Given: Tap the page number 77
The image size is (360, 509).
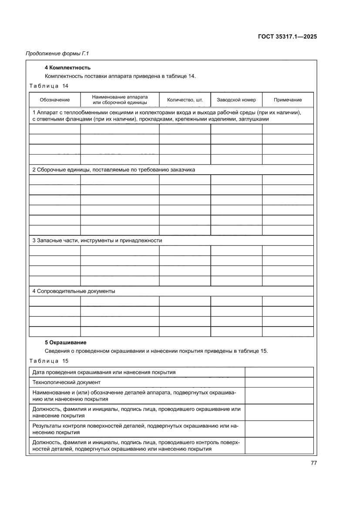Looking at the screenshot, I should [313, 463].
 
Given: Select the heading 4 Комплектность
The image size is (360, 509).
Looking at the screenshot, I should [67, 67].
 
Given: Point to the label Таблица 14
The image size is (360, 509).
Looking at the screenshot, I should [48, 85].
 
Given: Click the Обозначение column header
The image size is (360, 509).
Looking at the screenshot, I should [54, 100].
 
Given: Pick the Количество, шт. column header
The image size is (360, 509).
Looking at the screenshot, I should [185, 100].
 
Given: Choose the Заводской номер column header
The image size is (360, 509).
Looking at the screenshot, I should [236, 100].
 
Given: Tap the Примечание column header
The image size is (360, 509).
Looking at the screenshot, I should [287, 100].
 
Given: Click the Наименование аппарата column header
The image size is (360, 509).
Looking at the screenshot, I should [120, 100].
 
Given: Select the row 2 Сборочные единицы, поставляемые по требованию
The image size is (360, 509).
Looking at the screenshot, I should [114, 169].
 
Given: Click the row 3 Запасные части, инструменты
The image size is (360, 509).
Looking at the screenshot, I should [98, 240].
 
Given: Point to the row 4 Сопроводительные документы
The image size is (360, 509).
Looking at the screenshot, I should [74, 291].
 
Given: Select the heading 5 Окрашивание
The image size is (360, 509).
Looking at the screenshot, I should [66, 343].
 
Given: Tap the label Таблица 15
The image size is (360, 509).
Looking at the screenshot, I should [48, 361].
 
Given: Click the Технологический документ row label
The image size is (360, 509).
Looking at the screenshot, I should [67, 382].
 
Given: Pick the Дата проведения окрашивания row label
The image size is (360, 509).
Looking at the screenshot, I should [104, 372].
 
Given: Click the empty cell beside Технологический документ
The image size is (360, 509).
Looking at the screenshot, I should [279, 382].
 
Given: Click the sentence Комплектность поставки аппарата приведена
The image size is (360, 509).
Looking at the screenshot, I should [120, 76].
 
